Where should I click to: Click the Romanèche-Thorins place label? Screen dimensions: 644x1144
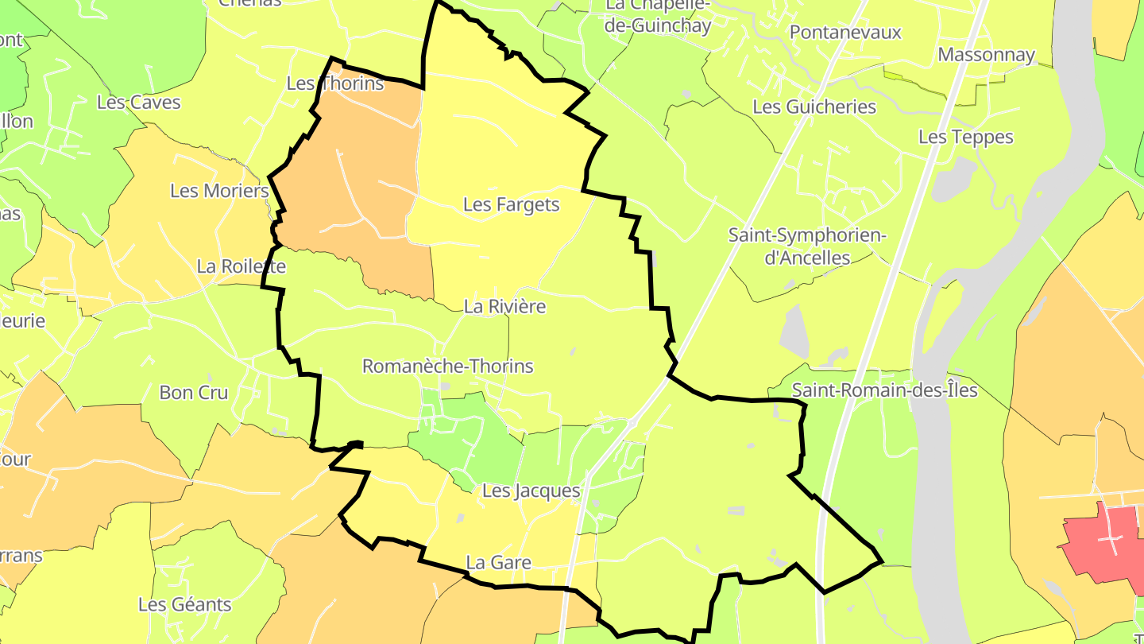point(447,367)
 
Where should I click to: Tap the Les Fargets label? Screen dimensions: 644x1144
point(511,205)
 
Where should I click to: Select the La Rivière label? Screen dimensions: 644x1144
point(504,306)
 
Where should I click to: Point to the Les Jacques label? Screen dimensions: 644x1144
point(531,491)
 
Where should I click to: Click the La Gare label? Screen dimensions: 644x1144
point(498,563)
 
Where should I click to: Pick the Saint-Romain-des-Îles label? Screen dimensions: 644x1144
point(884,390)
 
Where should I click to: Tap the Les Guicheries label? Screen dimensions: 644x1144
point(814,107)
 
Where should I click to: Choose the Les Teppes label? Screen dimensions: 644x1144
point(965,137)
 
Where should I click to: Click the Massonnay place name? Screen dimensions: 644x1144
point(986,55)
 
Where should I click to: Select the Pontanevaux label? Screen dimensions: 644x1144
point(845,33)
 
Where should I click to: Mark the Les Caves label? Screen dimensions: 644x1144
point(138,103)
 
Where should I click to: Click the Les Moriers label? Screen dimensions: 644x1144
point(219,191)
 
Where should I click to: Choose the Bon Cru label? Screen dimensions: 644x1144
point(193,393)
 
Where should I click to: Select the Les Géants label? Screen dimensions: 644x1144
point(184,605)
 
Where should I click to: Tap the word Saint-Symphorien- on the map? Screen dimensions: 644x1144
point(807,235)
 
